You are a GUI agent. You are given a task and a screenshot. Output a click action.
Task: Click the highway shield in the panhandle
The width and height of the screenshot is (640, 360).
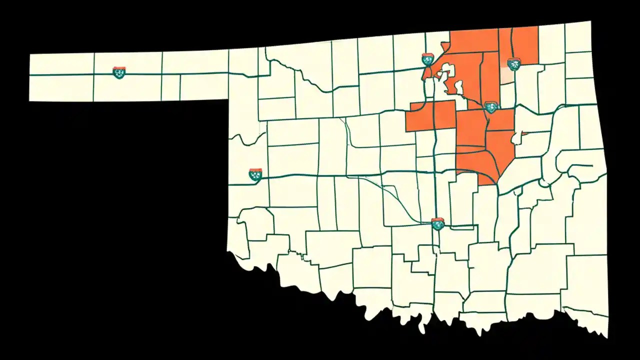pos(118,72)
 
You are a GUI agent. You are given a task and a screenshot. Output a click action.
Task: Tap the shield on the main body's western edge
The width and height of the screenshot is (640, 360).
pos(255,174)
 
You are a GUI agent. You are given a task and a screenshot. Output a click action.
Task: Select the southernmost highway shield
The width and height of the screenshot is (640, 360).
pos(437,223)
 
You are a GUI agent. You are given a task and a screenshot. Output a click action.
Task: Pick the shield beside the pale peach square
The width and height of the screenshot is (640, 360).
pos(513,63)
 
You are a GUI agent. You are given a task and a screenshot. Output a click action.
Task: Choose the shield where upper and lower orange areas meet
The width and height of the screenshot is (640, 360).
pos(491,106)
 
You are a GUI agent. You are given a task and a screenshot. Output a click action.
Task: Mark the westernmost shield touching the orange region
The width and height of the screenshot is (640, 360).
pos(427,59)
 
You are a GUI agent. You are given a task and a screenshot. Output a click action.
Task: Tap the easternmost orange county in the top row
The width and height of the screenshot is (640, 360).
pos(525,42)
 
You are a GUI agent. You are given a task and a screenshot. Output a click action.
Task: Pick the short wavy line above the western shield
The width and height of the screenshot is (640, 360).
pos(247,138)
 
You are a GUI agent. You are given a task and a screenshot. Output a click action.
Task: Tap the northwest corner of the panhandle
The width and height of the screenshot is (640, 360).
pos(30,54)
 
